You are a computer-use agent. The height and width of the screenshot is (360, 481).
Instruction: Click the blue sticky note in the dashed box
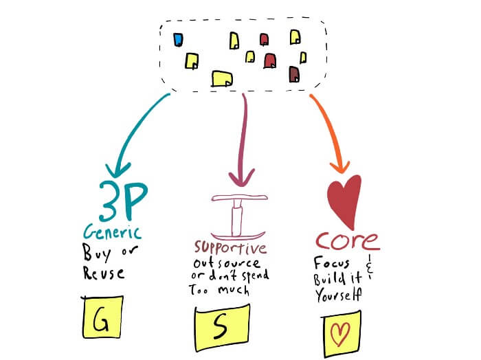tap(179, 38)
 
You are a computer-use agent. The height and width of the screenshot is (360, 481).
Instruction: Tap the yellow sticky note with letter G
tap(101, 320)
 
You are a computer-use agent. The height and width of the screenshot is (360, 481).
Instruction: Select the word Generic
tap(113, 230)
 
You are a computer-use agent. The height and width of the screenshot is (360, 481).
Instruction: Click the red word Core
tap(347, 241)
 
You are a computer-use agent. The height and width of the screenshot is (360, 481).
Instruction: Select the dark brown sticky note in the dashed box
tap(295, 74)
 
